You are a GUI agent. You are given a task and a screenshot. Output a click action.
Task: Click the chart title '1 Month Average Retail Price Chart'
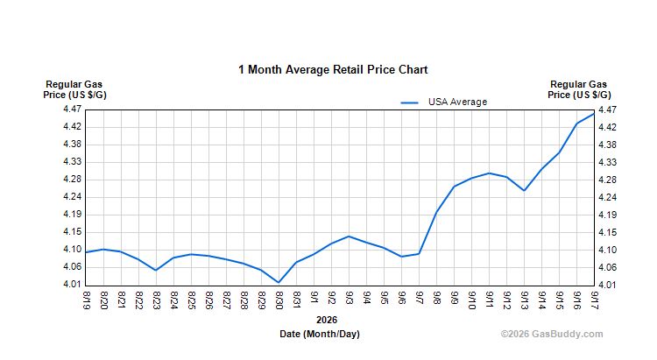(333, 69)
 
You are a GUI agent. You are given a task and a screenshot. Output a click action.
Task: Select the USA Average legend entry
(444, 102)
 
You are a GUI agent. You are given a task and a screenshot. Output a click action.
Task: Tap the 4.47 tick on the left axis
(72, 109)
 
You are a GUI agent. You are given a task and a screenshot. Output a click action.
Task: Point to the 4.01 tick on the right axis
(607, 286)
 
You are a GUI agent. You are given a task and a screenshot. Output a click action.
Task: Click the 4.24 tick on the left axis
(72, 197)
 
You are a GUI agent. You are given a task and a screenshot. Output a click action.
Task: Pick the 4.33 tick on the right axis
(607, 162)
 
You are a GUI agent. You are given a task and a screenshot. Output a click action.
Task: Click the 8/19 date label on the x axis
(87, 300)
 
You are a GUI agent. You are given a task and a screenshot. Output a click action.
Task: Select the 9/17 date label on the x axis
(594, 300)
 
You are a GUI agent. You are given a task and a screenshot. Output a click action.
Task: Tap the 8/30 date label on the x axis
(279, 300)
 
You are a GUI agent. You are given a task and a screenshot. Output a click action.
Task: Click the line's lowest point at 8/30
(279, 282)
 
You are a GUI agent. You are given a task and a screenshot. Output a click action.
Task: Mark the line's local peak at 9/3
(349, 236)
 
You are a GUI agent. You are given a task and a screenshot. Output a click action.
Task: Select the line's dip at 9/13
(524, 191)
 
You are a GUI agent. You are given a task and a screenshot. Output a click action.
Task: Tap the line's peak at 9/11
(489, 173)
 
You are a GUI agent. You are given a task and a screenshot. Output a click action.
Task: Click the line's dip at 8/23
(156, 271)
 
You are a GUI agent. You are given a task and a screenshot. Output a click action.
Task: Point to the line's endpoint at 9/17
(594, 114)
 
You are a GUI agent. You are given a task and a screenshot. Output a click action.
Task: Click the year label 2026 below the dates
(327, 321)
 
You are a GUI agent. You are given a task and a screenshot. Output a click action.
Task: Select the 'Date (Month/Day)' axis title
(320, 334)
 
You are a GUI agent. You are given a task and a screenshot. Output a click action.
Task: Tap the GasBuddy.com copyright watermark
(552, 334)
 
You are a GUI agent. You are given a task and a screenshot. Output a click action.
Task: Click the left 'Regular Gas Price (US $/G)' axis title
(74, 89)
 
